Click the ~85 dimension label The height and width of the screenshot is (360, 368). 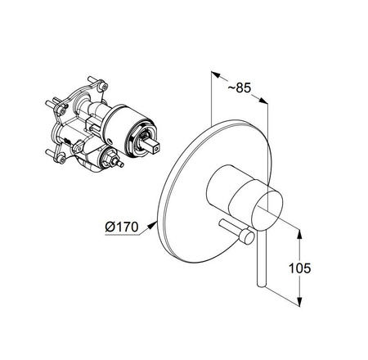(239, 88)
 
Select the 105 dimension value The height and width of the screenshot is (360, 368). (299, 268)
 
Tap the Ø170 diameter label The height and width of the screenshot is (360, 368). (122, 227)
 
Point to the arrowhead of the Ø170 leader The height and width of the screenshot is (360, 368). (153, 225)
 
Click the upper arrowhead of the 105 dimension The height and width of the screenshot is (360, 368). (299, 235)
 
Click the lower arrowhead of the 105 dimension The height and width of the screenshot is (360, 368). (299, 301)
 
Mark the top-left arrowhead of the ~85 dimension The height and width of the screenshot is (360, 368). (216, 74)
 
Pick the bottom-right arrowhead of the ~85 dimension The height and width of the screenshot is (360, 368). (263, 101)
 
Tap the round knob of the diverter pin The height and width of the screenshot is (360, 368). (247, 236)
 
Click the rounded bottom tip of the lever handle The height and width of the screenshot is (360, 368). (261, 286)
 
